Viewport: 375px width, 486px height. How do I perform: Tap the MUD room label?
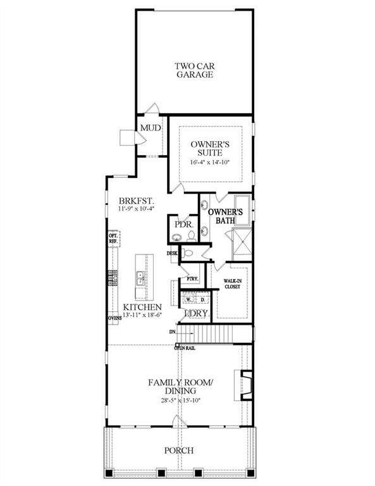point(150,128)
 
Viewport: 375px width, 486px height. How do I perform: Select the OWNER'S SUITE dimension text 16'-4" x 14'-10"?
point(209,163)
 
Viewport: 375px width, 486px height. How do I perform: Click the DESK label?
point(172,254)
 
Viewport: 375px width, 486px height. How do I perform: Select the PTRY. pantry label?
point(192,278)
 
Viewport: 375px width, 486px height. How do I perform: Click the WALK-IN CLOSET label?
point(233,283)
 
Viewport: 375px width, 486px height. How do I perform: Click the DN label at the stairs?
point(172,330)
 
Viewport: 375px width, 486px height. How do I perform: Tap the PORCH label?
point(179,451)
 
